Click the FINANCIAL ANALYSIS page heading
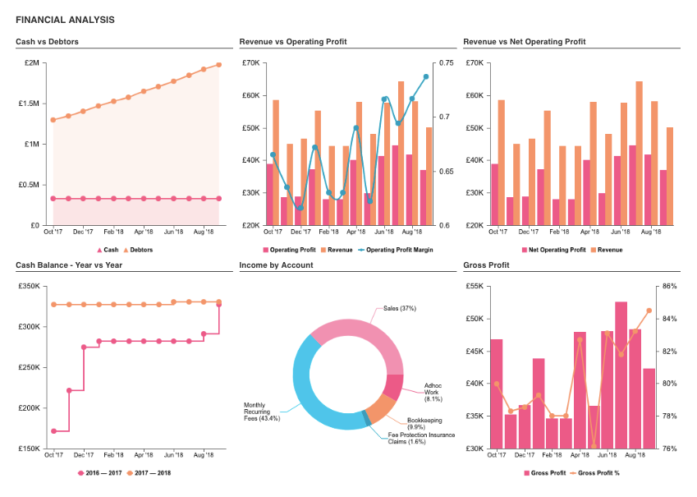(65, 20)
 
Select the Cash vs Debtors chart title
(47, 42)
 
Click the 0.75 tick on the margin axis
(447, 63)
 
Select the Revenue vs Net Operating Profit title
(525, 42)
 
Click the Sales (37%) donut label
(400, 309)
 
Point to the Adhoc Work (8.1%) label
(433, 392)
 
